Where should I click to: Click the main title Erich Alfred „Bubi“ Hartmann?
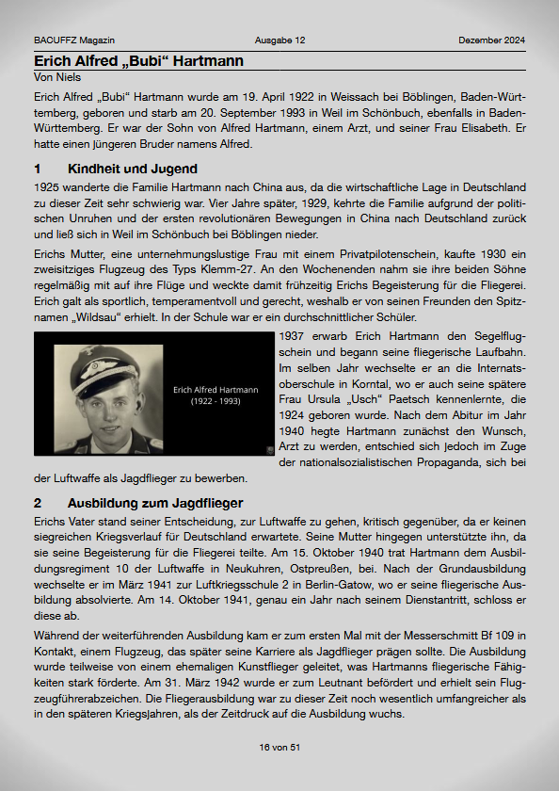point(138,61)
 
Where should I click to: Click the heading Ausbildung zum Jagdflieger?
point(154,503)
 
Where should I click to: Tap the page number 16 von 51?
point(279,747)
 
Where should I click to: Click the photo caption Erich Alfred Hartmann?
point(216,389)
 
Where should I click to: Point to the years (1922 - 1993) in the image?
point(216,401)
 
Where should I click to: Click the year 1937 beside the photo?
point(294,335)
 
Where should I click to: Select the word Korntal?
point(368,386)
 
